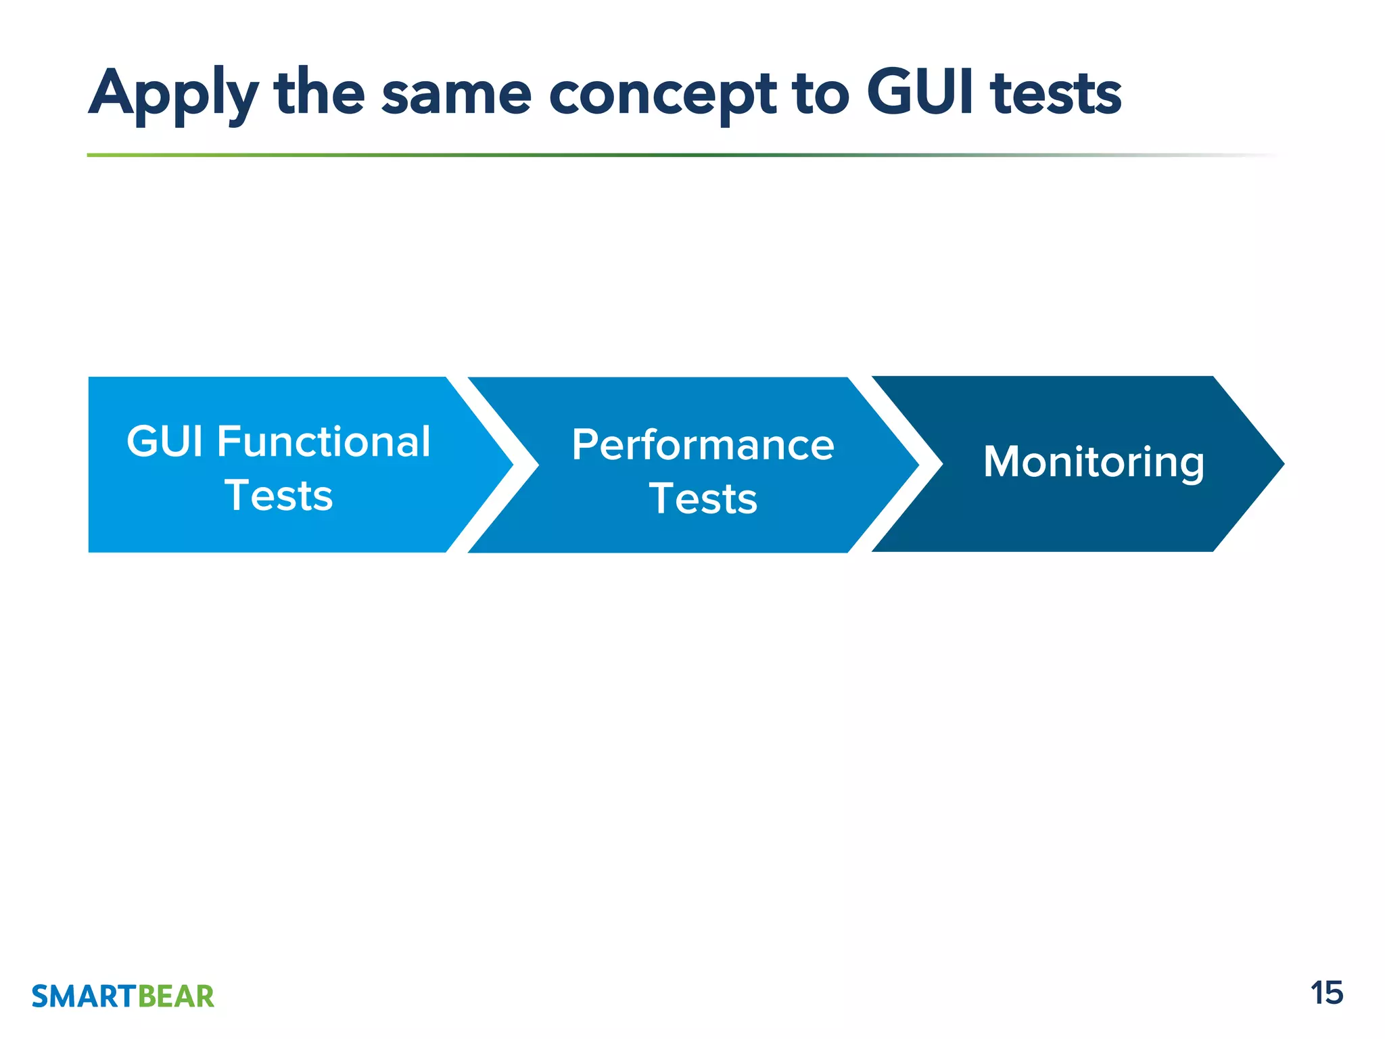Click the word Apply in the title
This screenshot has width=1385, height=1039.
[x=172, y=95]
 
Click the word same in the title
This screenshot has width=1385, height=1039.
[x=456, y=95]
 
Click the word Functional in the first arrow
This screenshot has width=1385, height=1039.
[x=323, y=442]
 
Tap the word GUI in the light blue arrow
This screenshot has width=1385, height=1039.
[x=164, y=442]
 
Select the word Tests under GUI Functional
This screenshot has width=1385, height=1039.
[x=279, y=496]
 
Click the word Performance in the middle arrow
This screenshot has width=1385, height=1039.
[x=703, y=445]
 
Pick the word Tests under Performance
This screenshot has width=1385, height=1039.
[x=703, y=499]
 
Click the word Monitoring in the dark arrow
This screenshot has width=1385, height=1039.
[x=1094, y=463]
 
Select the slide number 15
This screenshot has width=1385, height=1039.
[x=1326, y=994]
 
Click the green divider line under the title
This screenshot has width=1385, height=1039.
[x=541, y=155]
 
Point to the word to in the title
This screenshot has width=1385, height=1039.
[x=822, y=95]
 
